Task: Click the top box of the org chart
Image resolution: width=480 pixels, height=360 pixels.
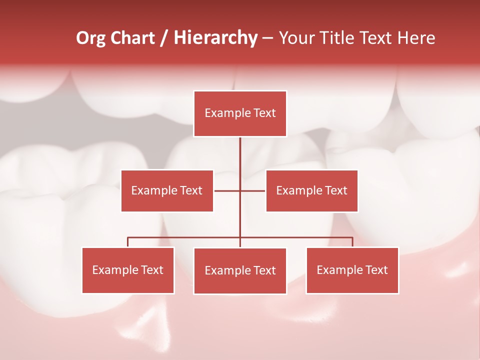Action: pyautogui.click(x=240, y=113)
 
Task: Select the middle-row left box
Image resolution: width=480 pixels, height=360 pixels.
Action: pyautogui.click(x=167, y=190)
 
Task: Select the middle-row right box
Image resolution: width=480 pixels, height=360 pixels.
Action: pyautogui.click(x=311, y=190)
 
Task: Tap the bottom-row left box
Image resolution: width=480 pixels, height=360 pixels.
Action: pyautogui.click(x=128, y=270)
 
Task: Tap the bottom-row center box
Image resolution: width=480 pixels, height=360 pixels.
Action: pyautogui.click(x=240, y=270)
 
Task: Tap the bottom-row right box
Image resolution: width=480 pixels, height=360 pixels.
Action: pyautogui.click(x=352, y=270)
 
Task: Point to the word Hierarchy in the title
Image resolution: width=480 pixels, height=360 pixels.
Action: pyautogui.click(x=215, y=38)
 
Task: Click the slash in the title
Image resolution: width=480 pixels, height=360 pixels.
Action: pyautogui.click(x=164, y=38)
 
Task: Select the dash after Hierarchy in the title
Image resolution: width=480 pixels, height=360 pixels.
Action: pyautogui.click(x=267, y=38)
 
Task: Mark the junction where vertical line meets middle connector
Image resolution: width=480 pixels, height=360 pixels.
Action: pyautogui.click(x=240, y=190)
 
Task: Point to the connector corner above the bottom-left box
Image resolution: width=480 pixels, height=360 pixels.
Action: pyautogui.click(x=128, y=237)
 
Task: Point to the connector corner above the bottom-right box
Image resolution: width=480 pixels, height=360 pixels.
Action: pyautogui.click(x=352, y=237)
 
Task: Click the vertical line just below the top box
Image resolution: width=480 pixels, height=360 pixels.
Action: pyautogui.click(x=240, y=145)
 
